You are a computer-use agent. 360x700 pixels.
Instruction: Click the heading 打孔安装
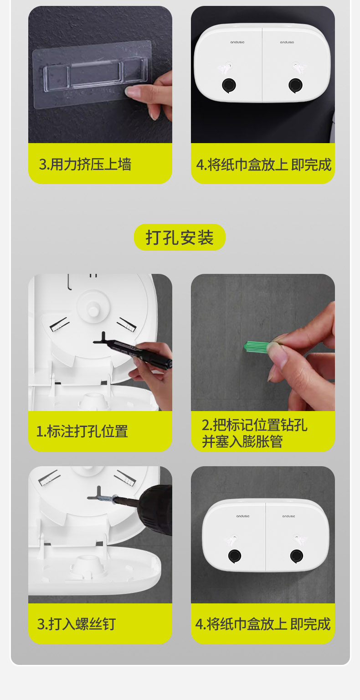coord(180,237)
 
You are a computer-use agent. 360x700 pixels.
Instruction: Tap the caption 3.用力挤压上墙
coord(85,165)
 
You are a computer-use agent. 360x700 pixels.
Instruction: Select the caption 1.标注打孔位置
coord(82,432)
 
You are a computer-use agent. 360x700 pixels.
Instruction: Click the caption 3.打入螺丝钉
coord(77,624)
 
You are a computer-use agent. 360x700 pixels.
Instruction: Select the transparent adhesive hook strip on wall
coord(93,74)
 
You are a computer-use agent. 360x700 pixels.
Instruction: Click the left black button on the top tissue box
coord(229,85)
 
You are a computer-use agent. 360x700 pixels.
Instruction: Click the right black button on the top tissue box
coord(295,85)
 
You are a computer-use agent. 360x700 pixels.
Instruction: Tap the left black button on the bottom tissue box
coord(235,556)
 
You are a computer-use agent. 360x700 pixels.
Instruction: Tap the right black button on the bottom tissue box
coord(297,556)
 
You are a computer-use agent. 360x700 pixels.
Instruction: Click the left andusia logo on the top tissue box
coord(237,42)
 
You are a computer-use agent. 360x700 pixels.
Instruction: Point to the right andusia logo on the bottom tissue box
coord(289,516)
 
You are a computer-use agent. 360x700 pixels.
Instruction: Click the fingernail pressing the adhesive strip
coord(131,91)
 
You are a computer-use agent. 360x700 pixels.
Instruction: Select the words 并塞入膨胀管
coord(242,442)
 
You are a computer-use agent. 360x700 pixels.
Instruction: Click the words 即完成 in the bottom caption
coord(310,624)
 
